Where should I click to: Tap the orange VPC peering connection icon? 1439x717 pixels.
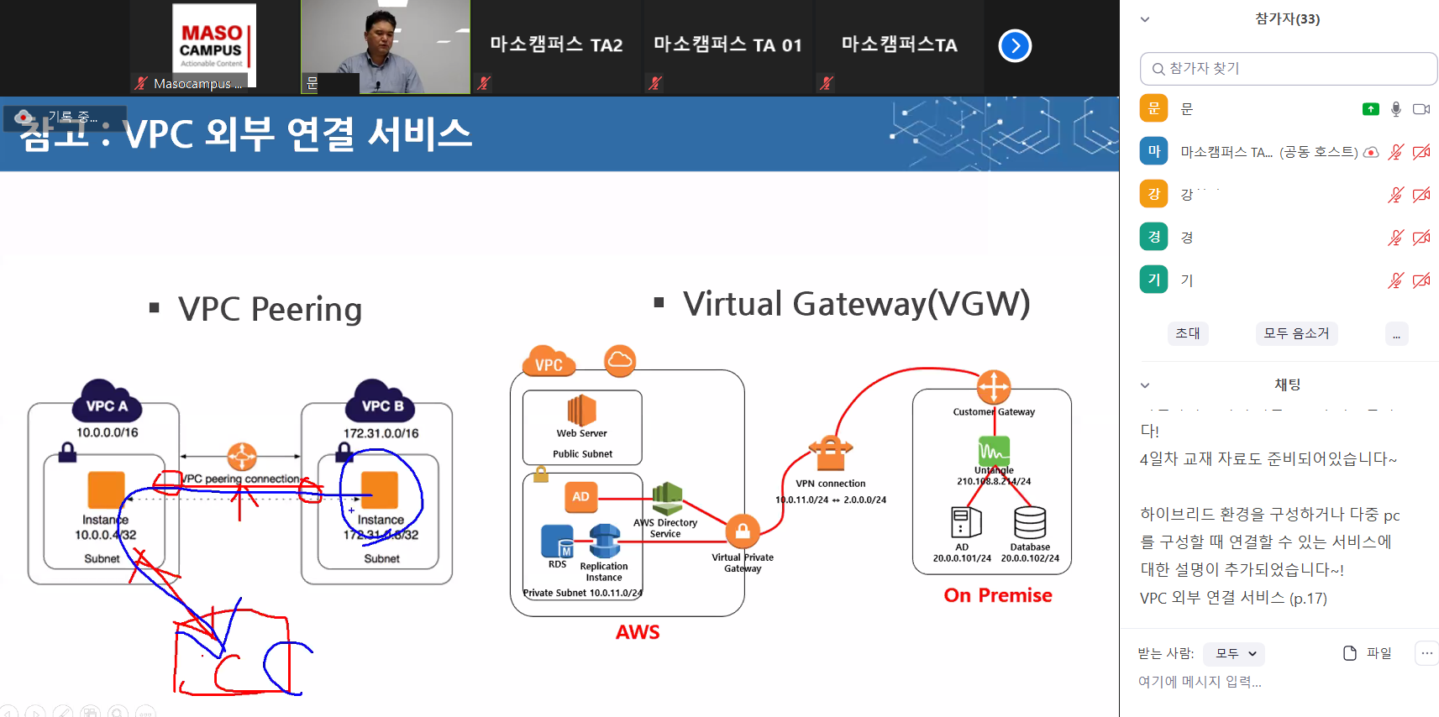click(x=242, y=457)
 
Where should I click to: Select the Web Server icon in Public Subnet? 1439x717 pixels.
click(x=581, y=411)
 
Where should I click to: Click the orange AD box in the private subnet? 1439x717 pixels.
click(x=580, y=496)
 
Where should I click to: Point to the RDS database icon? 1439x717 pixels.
click(x=557, y=542)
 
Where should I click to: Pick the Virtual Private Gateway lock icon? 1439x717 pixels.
click(x=743, y=531)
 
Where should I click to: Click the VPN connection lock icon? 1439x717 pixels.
click(x=830, y=453)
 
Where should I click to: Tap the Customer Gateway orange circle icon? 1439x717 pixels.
click(x=994, y=387)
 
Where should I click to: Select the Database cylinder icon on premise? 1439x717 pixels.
click(x=1030, y=522)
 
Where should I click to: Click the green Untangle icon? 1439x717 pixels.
click(x=994, y=452)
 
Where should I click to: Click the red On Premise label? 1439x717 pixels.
click(x=998, y=595)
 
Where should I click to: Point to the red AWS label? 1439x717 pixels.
click(x=638, y=632)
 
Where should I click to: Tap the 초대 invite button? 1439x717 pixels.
click(x=1187, y=333)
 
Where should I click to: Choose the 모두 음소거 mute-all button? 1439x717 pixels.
click(x=1296, y=333)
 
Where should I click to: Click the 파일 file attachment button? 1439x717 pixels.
click(x=1368, y=653)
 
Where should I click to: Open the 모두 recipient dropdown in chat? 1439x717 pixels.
click(x=1233, y=653)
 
